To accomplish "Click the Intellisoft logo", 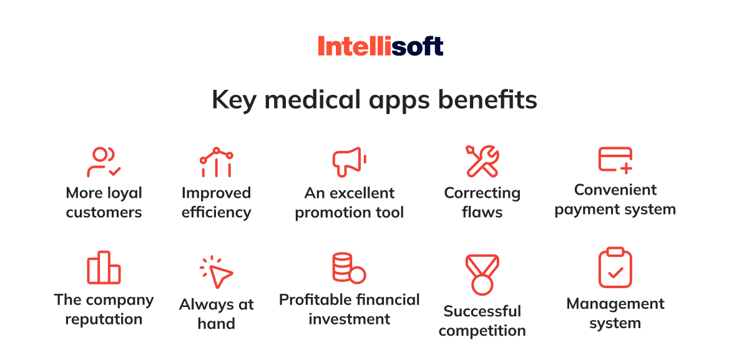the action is [381, 46].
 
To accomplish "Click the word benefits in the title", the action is [487, 100].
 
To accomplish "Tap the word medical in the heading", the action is [313, 100].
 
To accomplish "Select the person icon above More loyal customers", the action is [104, 162].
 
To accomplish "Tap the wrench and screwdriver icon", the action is [482, 161].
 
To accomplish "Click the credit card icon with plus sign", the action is [615, 160].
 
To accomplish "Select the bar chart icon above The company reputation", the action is [104, 268].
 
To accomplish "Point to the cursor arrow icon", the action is [217, 272].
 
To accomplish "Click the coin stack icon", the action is [349, 268].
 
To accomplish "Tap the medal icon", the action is [482, 275].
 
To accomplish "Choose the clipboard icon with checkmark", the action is [615, 268].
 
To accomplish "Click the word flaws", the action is [482, 212].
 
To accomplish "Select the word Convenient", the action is [615, 190].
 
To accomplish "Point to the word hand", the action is [217, 324].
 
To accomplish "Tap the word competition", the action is [482, 331].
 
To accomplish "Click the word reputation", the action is [104, 319].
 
